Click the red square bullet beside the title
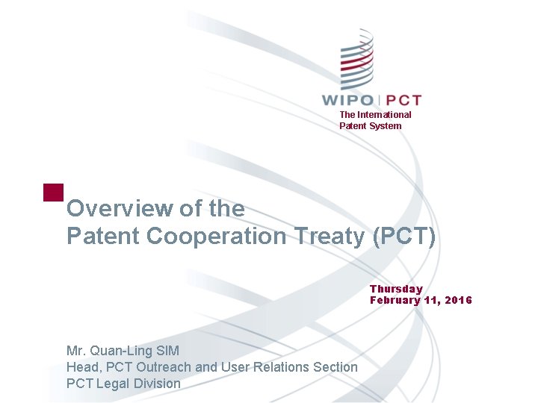pyautogui.click(x=54, y=193)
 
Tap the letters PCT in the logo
pyautogui.click(x=405, y=100)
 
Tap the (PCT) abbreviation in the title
pyautogui.click(x=403, y=236)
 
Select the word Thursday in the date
pyautogui.click(x=396, y=289)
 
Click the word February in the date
pyautogui.click(x=395, y=300)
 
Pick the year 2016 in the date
pyautogui.click(x=458, y=300)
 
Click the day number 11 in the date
pyautogui.click(x=431, y=300)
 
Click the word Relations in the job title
pyautogui.click(x=279, y=366)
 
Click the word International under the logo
pyautogui.click(x=384, y=115)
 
